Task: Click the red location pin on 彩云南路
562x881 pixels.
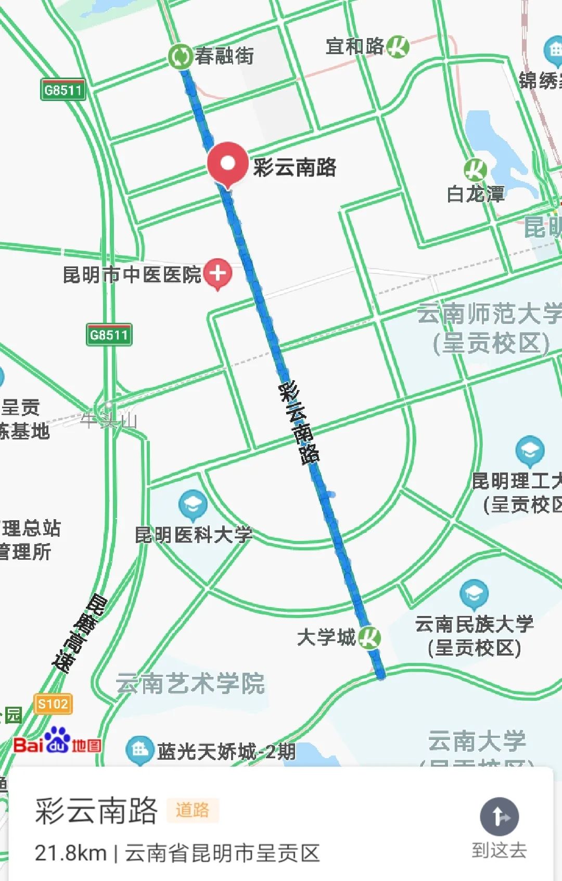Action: [227, 163]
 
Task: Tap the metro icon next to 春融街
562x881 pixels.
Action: [180, 56]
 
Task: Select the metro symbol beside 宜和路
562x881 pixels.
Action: [398, 47]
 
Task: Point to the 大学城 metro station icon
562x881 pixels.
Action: [369, 637]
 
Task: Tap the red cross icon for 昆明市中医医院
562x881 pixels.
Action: [218, 273]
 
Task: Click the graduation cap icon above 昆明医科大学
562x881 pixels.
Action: [193, 504]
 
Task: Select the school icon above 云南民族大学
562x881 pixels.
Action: [474, 593]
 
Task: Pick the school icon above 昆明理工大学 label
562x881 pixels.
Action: [530, 450]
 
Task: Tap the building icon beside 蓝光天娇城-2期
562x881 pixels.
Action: [139, 750]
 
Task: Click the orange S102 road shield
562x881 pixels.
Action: [53, 704]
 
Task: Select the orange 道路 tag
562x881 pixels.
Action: [192, 810]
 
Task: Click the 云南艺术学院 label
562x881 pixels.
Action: [190, 683]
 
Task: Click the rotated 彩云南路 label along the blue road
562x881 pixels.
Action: [299, 423]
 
